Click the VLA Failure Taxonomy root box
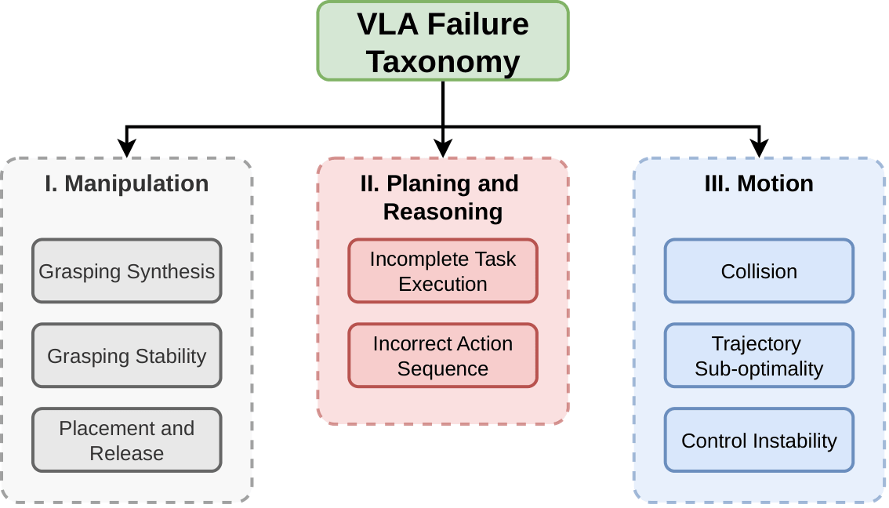(443, 42)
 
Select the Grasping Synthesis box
(127, 271)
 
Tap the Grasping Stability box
(127, 356)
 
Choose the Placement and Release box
(127, 441)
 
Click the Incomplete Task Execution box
(443, 271)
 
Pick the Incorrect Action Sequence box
(443, 356)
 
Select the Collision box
(759, 271)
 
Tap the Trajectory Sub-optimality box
(759, 356)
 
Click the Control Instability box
(759, 441)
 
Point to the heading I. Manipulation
(127, 183)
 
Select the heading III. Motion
(759, 183)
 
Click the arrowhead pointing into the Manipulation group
(126, 148)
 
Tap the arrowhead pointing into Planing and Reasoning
(443, 148)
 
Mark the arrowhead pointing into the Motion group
(759, 148)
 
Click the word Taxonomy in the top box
(443, 62)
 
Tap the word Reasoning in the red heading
(443, 212)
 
